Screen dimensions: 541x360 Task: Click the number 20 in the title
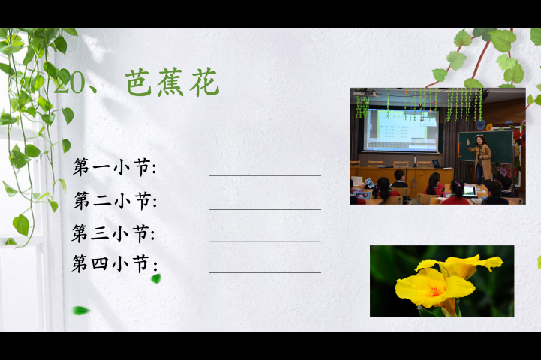pyautogui.click(x=69, y=83)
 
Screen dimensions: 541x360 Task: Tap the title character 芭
pyautogui.click(x=138, y=82)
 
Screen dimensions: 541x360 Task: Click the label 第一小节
pyautogui.click(x=114, y=167)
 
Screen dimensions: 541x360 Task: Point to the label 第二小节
pyautogui.click(x=115, y=200)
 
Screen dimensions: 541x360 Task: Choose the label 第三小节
pyautogui.click(x=113, y=233)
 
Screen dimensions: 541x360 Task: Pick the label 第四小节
pyautogui.click(x=115, y=264)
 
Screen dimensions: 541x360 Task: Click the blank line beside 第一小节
pyautogui.click(x=265, y=175)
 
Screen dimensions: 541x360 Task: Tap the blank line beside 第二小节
pyautogui.click(x=265, y=209)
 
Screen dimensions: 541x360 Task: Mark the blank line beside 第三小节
pyautogui.click(x=265, y=241)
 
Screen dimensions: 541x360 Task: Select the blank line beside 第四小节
pyautogui.click(x=265, y=273)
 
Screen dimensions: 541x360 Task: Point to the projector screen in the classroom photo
pyautogui.click(x=401, y=130)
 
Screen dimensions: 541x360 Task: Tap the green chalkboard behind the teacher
pyautogui.click(x=485, y=146)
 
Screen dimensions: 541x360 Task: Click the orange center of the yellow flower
pyautogui.click(x=434, y=291)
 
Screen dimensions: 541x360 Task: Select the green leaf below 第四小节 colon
pyautogui.click(x=156, y=278)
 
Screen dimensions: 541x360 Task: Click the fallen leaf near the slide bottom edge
pyautogui.click(x=81, y=310)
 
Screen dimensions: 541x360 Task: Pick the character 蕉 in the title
pyautogui.click(x=171, y=82)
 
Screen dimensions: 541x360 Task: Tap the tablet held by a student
pyautogui.click(x=369, y=183)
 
